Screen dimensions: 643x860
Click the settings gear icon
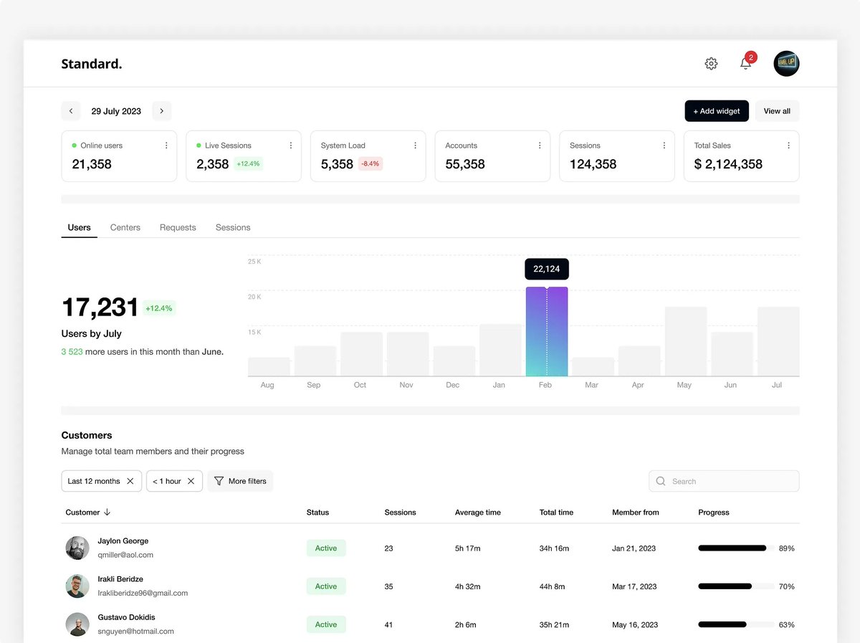pos(711,64)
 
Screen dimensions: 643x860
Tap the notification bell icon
pos(746,64)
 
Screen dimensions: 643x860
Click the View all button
pos(777,111)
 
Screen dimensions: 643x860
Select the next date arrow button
pos(162,111)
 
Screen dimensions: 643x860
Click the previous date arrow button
pos(70,111)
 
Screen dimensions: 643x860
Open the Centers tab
pos(125,227)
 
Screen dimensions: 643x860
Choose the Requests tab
pos(178,227)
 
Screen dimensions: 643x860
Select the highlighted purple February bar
pos(547,332)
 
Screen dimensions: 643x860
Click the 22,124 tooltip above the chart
pos(547,269)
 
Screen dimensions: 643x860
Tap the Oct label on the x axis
pos(360,385)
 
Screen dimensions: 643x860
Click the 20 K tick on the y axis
pos(254,297)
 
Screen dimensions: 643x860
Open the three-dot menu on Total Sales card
pos(788,146)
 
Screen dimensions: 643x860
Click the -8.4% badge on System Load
pos(371,164)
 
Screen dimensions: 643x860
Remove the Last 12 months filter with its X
pos(130,481)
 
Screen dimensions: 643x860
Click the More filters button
pos(241,481)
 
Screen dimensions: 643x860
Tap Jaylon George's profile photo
pos(77,548)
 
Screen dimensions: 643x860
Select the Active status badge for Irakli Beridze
pos(326,586)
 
